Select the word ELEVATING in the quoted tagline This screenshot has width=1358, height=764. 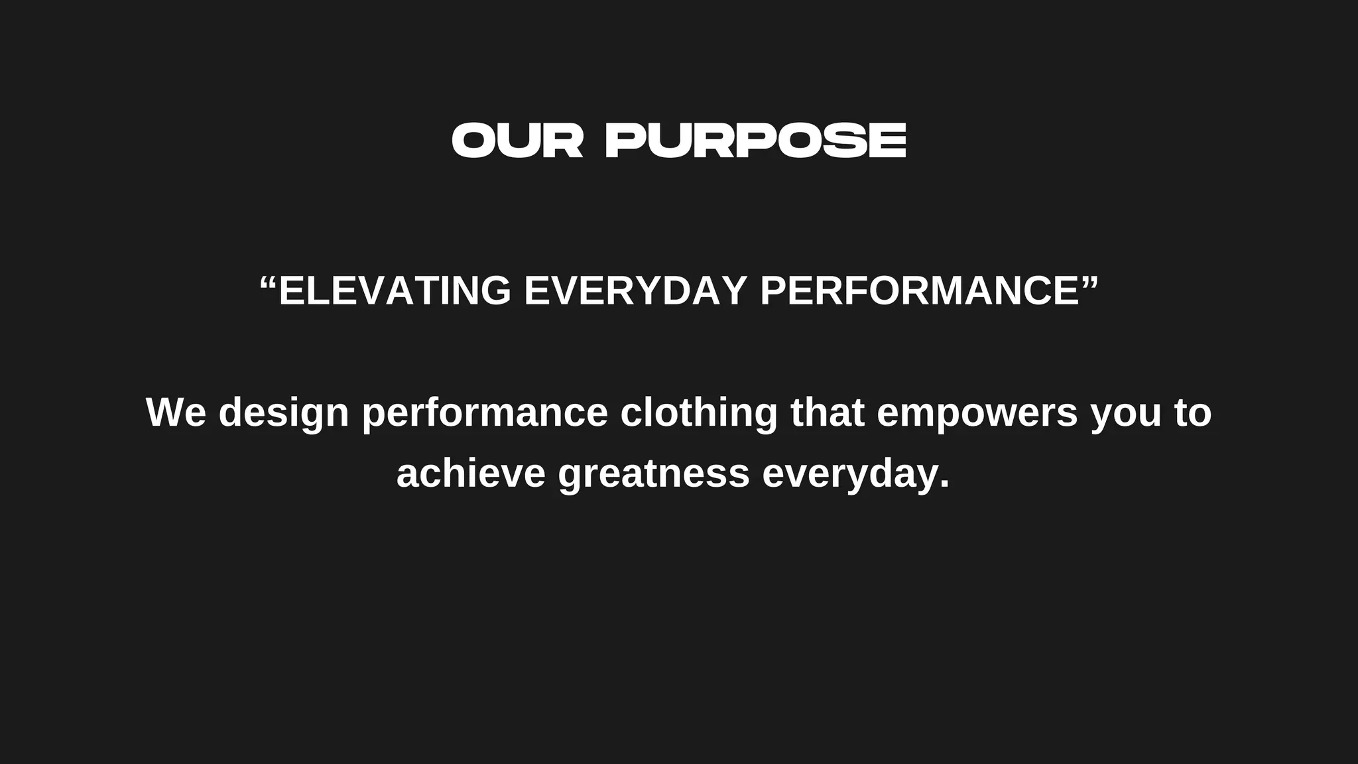(x=395, y=290)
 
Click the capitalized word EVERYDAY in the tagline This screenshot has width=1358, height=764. (x=635, y=290)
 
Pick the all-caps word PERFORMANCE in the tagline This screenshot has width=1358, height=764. (x=920, y=290)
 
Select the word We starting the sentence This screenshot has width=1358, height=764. (x=176, y=412)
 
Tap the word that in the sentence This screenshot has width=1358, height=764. (x=828, y=412)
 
